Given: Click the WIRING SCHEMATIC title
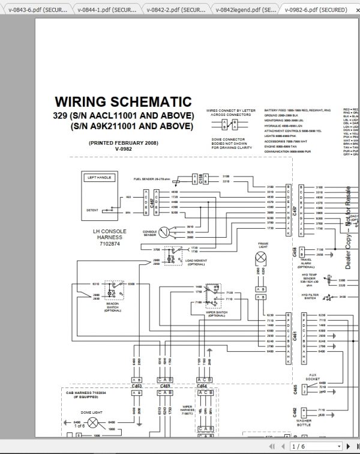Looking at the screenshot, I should coord(123,101).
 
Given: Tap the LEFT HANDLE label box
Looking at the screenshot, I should coord(100,178).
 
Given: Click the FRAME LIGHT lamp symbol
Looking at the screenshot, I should coord(262,257).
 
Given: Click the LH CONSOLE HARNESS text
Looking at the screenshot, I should coord(110,237).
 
